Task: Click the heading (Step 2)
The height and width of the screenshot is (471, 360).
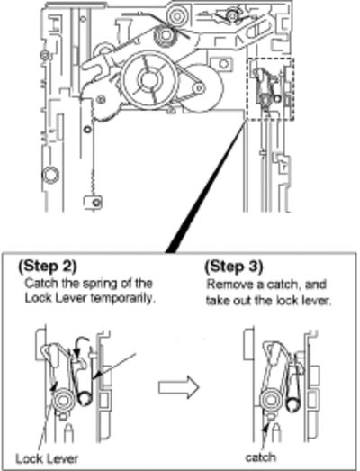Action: pos(48,267)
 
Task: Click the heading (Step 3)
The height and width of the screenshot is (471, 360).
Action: pos(234,267)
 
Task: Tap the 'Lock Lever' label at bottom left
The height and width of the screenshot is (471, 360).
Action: pos(47,458)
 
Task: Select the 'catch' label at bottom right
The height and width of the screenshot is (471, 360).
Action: pos(261,457)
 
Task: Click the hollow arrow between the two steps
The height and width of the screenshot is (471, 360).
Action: pos(178,387)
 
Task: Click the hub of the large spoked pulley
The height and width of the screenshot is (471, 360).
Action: pos(148,79)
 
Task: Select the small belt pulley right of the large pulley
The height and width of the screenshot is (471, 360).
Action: pos(199,88)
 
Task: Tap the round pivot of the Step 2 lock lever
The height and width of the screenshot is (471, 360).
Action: pos(63,401)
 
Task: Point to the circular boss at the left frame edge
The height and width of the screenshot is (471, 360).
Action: pos(50,175)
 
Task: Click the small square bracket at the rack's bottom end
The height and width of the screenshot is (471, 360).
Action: pos(94,202)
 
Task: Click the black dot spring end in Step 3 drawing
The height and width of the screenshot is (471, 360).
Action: pos(292,404)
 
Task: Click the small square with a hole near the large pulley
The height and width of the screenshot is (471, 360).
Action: pos(222,64)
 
